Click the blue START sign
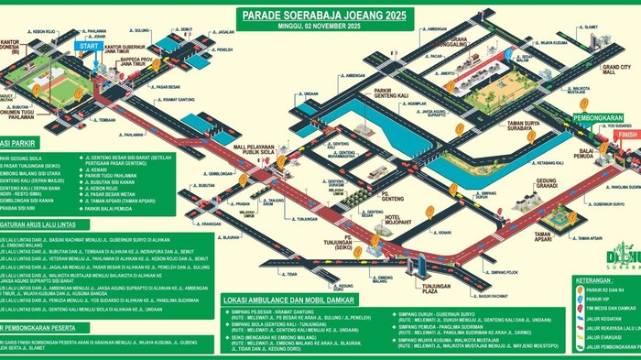click(89, 45)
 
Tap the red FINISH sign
click(626, 135)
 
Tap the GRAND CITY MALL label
click(615, 71)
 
